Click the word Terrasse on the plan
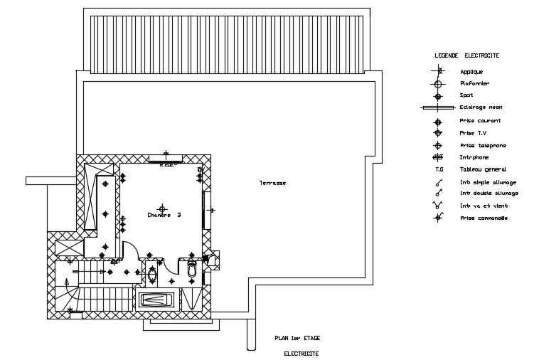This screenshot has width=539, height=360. [x=272, y=183]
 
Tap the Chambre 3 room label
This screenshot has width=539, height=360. [x=164, y=215]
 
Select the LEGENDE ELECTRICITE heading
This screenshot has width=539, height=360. [x=466, y=55]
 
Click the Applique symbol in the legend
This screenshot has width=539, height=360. [x=439, y=71]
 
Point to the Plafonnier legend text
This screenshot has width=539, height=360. [x=474, y=83]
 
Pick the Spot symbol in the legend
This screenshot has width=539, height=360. [x=439, y=95]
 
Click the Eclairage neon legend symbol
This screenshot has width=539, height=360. [x=439, y=107]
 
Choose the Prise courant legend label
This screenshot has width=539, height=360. [x=475, y=120]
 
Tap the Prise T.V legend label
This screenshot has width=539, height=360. [x=471, y=132]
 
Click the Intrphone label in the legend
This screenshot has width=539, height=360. [x=474, y=157]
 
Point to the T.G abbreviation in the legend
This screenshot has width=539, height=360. [x=439, y=169]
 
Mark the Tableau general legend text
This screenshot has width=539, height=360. [x=483, y=169]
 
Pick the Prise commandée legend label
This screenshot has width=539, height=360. [x=484, y=218]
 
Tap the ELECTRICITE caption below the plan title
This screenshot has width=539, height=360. [x=301, y=353]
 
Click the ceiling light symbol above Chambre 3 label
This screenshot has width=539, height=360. [x=163, y=209]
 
